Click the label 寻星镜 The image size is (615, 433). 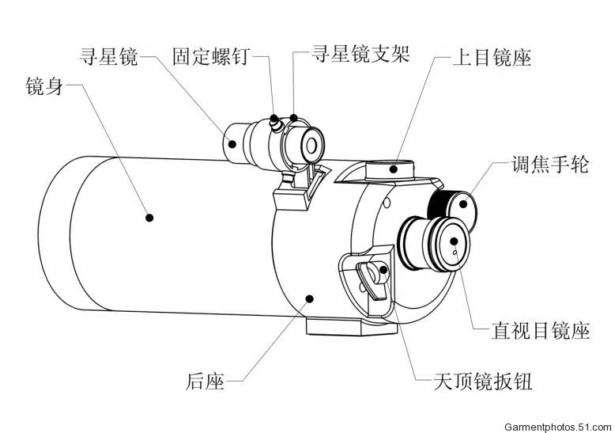pos(109,57)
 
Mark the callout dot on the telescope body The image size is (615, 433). pos(148,215)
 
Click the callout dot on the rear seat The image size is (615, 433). pos(309,298)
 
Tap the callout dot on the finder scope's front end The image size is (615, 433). pos(232,143)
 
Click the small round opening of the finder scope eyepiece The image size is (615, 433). pos(311,145)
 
